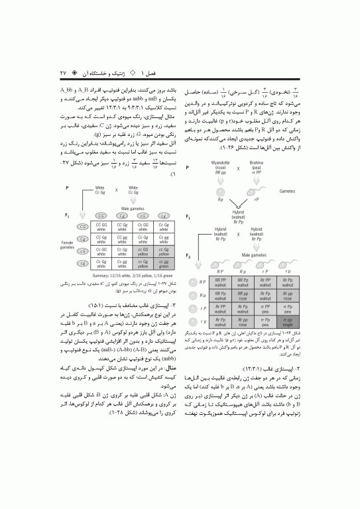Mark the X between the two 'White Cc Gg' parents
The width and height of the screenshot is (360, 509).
117,189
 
